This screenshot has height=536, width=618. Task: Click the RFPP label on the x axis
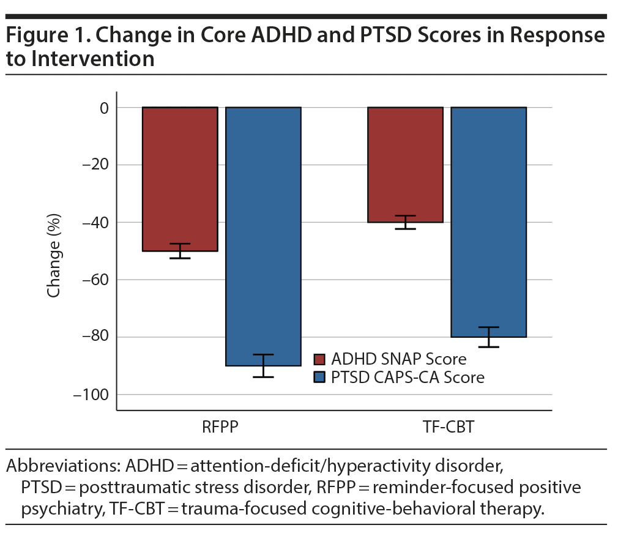[220, 427]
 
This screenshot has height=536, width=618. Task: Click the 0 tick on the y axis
[103, 108]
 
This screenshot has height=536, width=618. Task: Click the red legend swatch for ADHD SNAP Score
[319, 359]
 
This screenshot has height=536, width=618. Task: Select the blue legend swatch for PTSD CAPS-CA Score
[319, 378]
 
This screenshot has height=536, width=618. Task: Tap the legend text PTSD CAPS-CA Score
[408, 378]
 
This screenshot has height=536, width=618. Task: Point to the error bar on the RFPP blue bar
[263, 365]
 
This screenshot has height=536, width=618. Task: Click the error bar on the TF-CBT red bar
[405, 222]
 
